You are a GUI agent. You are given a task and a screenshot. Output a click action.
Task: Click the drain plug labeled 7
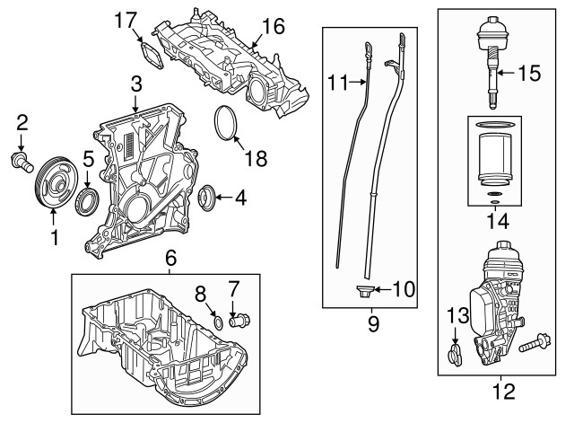tap(239, 319)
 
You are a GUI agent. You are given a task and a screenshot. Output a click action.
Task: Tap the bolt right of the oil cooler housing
tap(540, 342)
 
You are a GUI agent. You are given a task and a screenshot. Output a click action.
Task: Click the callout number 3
tap(135, 84)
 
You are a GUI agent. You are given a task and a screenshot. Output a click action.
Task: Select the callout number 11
tap(336, 84)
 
